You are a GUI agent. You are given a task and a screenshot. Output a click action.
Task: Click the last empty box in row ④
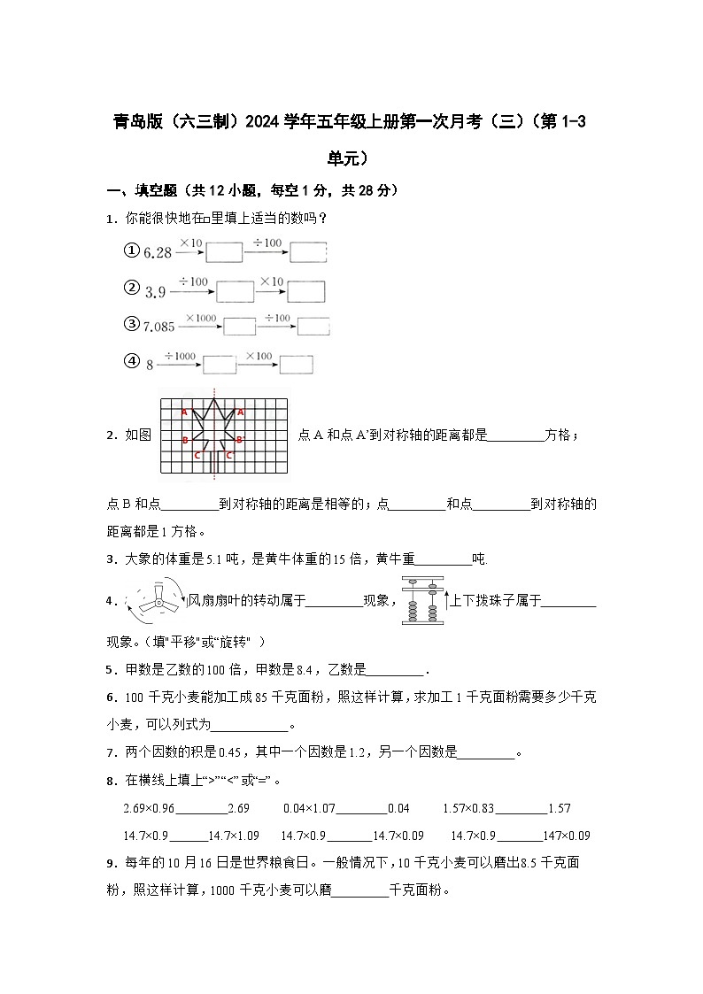pyautogui.click(x=296, y=364)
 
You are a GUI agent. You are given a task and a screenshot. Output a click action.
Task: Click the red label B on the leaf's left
pyautogui.click(x=184, y=440)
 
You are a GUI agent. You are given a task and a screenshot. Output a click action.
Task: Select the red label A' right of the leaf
pyautogui.click(x=241, y=412)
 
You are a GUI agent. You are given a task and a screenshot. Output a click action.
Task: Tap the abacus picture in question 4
pyautogui.click(x=421, y=601)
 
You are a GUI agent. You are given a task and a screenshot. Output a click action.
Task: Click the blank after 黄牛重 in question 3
pyautogui.click(x=443, y=559)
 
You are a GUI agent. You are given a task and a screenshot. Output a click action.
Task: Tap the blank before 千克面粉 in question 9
pyautogui.click(x=359, y=891)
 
